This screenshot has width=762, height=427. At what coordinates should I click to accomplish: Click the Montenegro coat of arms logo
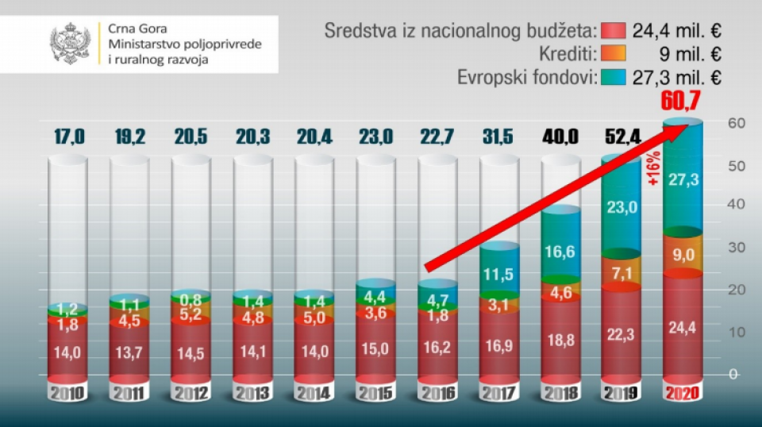[x=71, y=44]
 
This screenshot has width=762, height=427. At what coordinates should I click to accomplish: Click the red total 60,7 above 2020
[x=683, y=102]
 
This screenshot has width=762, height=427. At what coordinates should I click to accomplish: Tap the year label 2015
[x=375, y=393]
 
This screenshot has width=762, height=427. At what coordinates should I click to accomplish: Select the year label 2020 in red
[x=683, y=393]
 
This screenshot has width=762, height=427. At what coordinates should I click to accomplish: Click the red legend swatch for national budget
[x=614, y=31]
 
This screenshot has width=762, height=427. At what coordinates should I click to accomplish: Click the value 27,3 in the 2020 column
[x=683, y=180]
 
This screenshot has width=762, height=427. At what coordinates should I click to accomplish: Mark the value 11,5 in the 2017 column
[x=499, y=275]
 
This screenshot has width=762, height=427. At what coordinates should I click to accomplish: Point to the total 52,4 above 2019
[x=622, y=135]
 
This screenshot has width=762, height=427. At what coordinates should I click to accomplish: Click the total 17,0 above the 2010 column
[x=68, y=135]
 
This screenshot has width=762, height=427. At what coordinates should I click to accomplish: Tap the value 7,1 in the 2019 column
[x=622, y=274]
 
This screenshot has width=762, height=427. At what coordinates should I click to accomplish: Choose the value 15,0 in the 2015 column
[x=375, y=347]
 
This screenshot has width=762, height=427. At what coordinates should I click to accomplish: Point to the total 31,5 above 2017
[x=499, y=135]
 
